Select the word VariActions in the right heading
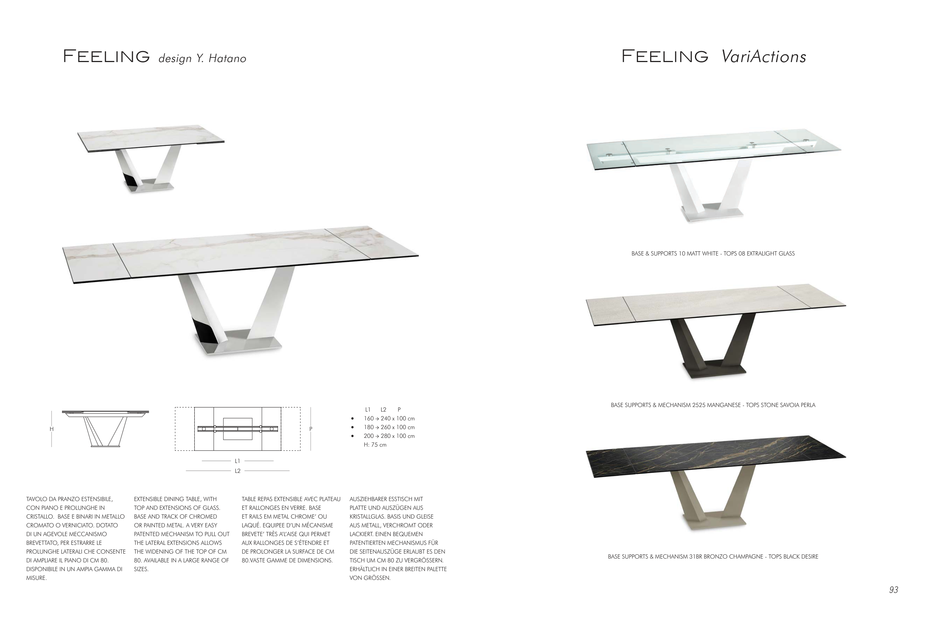(x=763, y=56)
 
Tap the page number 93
(x=894, y=590)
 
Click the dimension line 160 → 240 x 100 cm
(x=389, y=418)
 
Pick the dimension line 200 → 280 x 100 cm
(x=389, y=436)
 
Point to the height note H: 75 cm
(x=375, y=445)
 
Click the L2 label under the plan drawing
(x=237, y=471)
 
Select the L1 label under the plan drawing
(x=237, y=461)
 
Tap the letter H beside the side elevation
(x=52, y=429)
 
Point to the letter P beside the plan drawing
(x=311, y=429)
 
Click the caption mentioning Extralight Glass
(x=713, y=254)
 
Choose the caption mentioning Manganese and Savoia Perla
(x=713, y=405)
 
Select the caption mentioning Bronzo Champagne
(x=713, y=557)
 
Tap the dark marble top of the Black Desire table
(x=715, y=456)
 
